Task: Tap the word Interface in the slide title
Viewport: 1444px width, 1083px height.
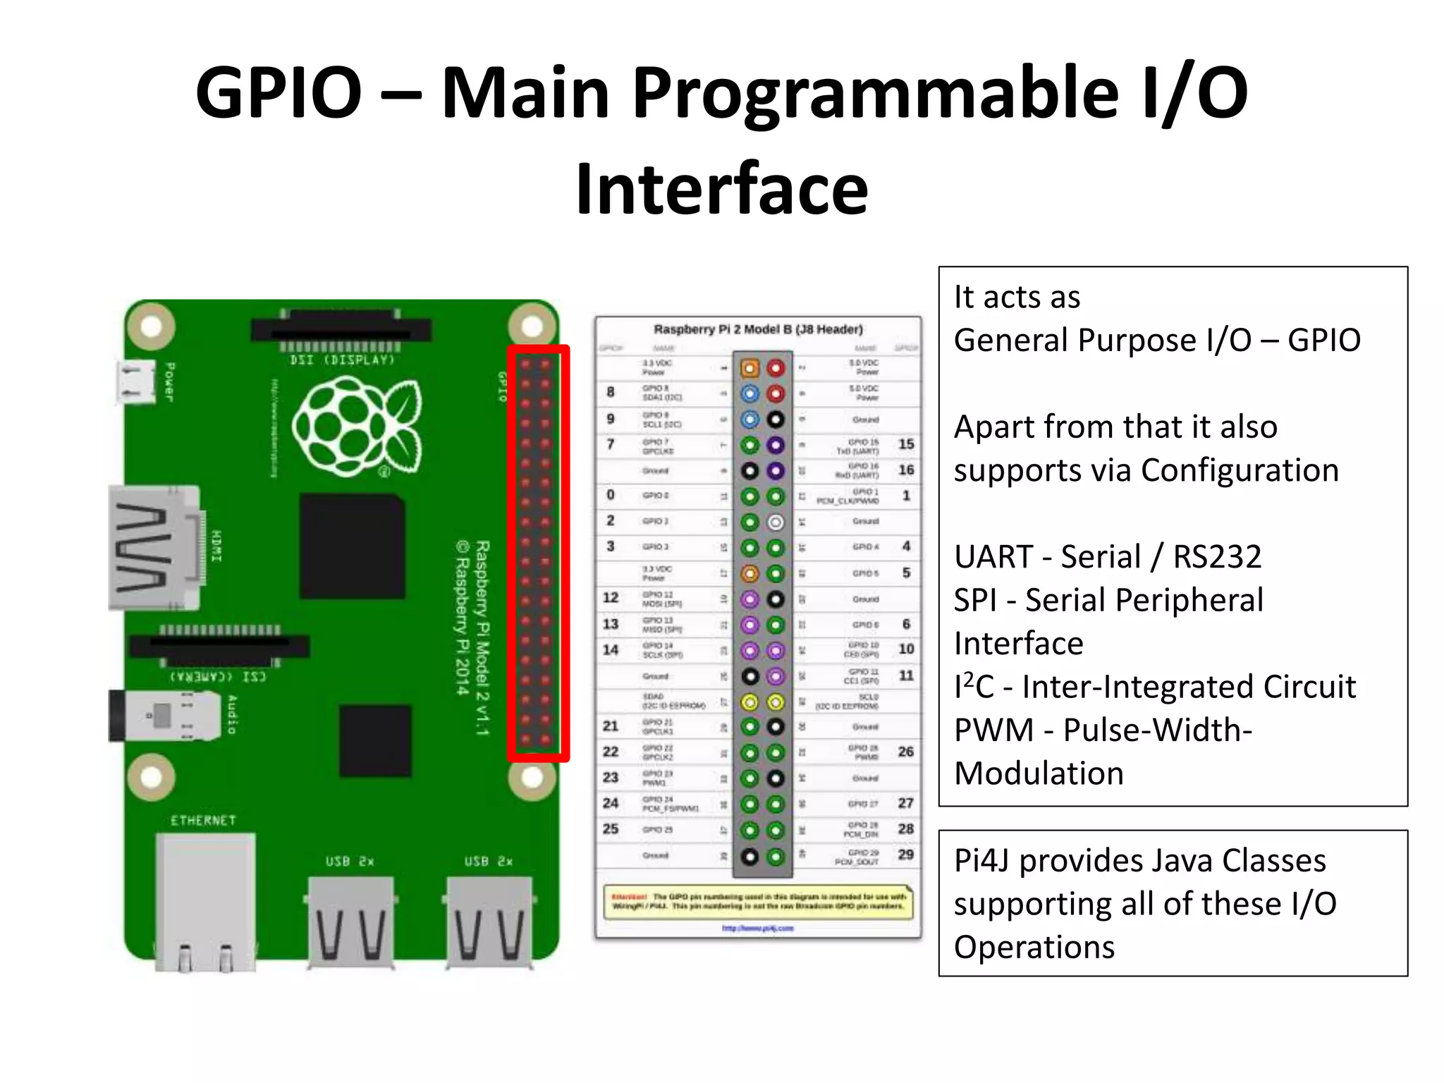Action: pyautogui.click(x=722, y=189)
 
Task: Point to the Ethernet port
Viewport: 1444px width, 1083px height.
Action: pyautogui.click(x=204, y=899)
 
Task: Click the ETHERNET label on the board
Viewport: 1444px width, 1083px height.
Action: pyautogui.click(x=203, y=821)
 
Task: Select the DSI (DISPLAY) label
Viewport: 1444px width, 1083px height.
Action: pyautogui.click(x=342, y=360)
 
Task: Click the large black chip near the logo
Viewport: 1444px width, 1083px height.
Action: pyautogui.click(x=353, y=546)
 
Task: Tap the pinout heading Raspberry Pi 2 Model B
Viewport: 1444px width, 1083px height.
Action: pyautogui.click(x=758, y=329)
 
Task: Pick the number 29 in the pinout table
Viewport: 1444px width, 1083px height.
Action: pyautogui.click(x=906, y=855)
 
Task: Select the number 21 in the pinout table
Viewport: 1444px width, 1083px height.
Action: pyautogui.click(x=611, y=726)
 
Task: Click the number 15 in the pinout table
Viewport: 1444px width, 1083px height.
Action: pyautogui.click(x=906, y=444)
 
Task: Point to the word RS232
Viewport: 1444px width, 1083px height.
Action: pyautogui.click(x=1217, y=557)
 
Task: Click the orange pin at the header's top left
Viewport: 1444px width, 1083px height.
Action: pyautogui.click(x=749, y=367)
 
